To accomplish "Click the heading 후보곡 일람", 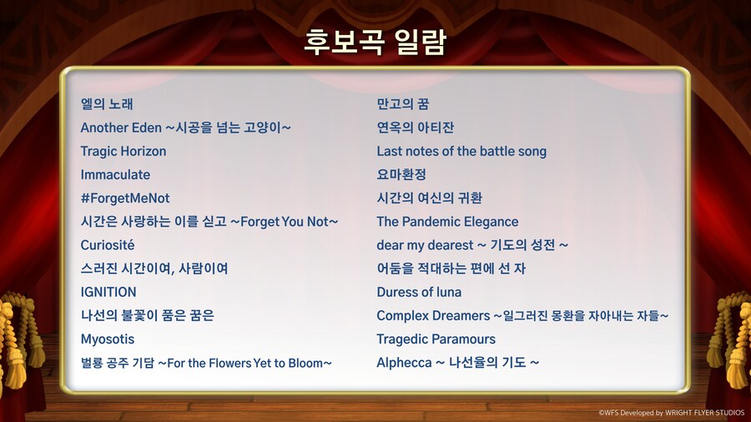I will point(375,42).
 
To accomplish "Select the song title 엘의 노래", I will point(107,104).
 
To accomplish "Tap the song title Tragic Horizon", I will point(123,151).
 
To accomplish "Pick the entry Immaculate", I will point(115,174).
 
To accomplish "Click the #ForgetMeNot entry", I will point(125,198).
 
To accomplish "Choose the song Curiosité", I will point(108,245).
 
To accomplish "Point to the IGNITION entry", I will point(108,292).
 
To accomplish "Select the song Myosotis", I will point(108,339).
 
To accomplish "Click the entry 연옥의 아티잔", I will point(416,128).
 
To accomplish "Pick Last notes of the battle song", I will point(461,151).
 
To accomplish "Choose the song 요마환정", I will point(401,174).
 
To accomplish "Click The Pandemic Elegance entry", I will point(447,222).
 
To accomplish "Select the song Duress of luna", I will point(419,292).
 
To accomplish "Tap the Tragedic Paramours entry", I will point(436,339).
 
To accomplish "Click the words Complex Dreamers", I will point(433,315).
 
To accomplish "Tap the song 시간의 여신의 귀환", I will point(429,198).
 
